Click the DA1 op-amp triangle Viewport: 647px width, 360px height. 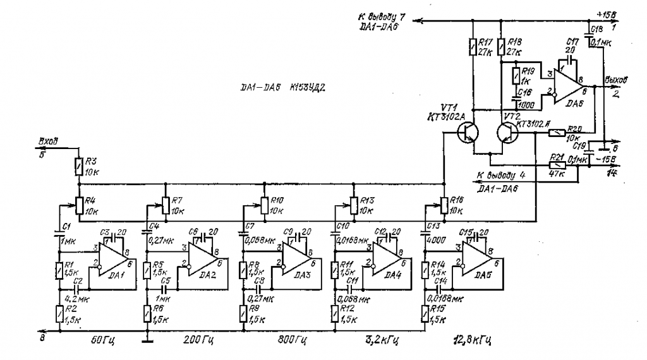[x=112, y=260]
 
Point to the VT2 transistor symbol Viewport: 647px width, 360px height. [x=507, y=132]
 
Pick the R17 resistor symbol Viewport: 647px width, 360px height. [x=473, y=47]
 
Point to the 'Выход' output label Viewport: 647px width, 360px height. [x=616, y=81]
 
